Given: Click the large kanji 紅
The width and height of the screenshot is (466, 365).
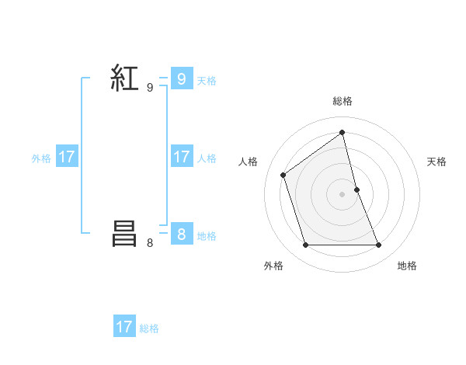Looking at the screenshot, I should click(x=124, y=78).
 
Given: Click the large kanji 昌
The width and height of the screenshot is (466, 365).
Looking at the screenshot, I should click(x=124, y=234).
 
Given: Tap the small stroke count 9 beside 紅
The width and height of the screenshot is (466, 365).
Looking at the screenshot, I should click(x=150, y=88).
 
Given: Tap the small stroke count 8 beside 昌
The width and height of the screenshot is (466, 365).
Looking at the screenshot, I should click(x=150, y=243).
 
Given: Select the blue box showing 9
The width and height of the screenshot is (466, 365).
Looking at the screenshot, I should click(x=181, y=79).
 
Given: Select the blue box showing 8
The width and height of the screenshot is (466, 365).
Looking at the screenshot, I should click(x=181, y=235).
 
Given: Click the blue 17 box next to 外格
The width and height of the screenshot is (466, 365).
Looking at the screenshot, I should click(x=67, y=157).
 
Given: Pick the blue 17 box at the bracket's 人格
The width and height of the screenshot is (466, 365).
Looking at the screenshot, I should click(x=181, y=157).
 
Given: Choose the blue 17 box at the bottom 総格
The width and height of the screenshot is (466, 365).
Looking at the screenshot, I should click(x=124, y=327).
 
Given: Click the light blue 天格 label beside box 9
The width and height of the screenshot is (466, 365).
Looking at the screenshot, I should click(x=207, y=80).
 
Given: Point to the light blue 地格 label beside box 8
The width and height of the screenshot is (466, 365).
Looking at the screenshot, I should click(x=207, y=235).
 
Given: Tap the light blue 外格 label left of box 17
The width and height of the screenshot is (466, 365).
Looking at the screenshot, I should click(x=41, y=158).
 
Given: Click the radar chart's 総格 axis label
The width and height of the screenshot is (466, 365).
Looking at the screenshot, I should click(x=343, y=101).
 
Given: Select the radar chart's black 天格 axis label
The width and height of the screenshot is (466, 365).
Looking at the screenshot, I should click(x=436, y=162).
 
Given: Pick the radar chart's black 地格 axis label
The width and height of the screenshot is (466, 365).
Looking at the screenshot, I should click(x=407, y=266).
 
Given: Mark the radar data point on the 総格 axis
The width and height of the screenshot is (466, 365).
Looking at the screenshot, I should click(x=343, y=132).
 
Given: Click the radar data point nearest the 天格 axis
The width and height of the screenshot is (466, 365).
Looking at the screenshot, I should click(x=356, y=189).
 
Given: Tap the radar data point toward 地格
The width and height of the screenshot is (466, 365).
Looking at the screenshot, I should click(x=379, y=245).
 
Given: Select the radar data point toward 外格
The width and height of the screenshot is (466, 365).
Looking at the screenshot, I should click(x=305, y=245).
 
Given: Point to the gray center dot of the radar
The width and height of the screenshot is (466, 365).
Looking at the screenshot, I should click(x=343, y=194).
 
